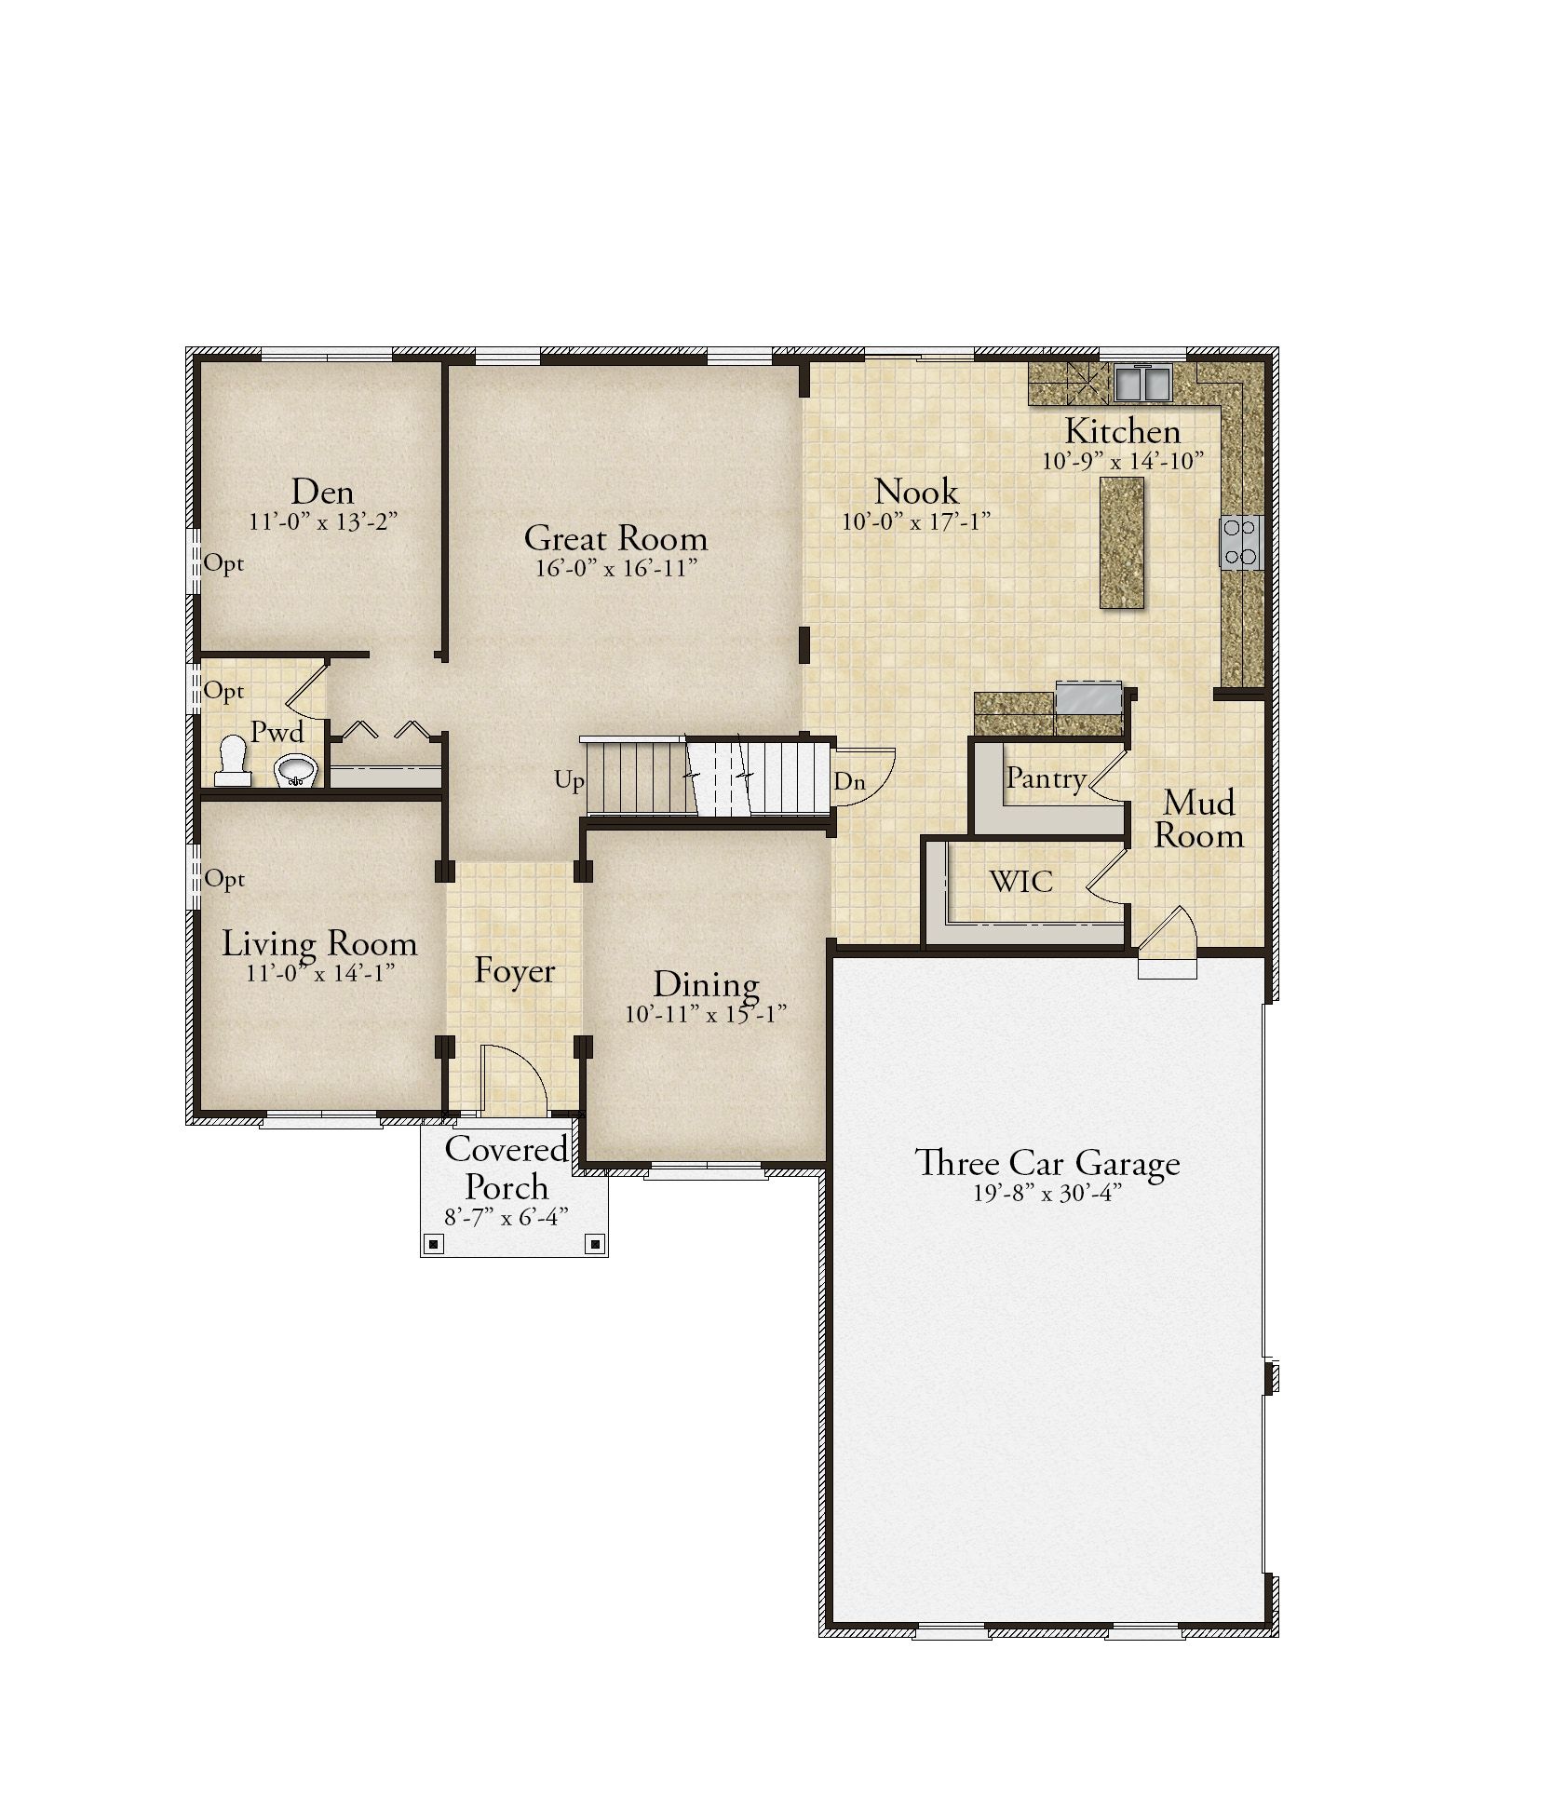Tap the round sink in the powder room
point(296,769)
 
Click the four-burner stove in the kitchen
point(1241,543)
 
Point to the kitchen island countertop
point(1122,543)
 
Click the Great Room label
point(615,538)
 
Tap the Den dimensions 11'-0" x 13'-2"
point(323,521)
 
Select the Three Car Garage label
point(1047,1164)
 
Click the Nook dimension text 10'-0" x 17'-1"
point(915,521)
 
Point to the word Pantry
point(1046,779)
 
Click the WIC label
point(1021,881)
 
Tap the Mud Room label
point(1199,819)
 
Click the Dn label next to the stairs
point(849,782)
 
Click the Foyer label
point(514,972)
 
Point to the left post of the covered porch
point(434,1244)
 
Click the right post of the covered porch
point(594,1244)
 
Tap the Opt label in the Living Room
point(224,880)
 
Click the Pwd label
point(277,732)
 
